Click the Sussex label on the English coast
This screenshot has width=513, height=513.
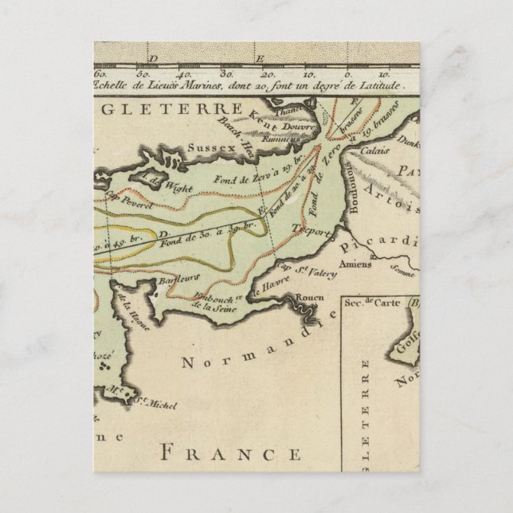pyautogui.click(x=207, y=147)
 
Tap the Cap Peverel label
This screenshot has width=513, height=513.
pyautogui.click(x=117, y=202)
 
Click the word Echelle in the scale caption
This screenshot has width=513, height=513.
pyautogui.click(x=116, y=85)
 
